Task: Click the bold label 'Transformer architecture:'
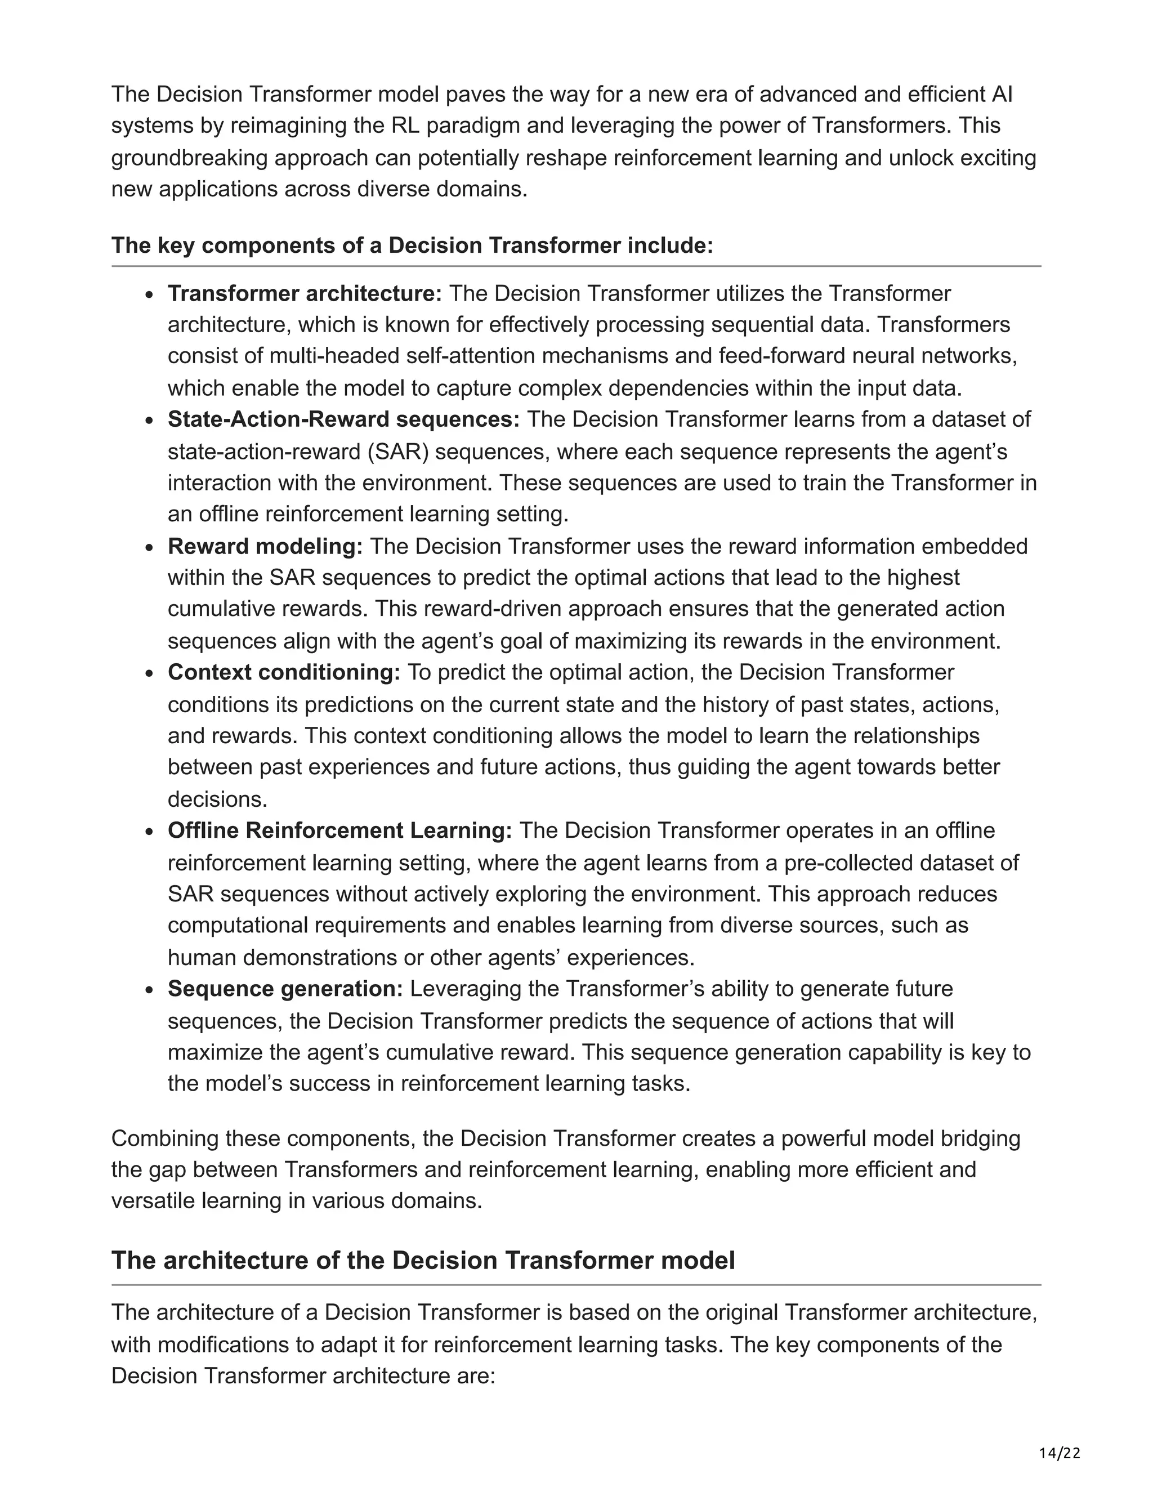click(x=305, y=293)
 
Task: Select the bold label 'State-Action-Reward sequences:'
click(x=343, y=419)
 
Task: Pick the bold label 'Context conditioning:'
click(x=284, y=672)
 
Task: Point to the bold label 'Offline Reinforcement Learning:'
click(x=339, y=830)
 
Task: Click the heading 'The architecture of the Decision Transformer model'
click(x=423, y=1259)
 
